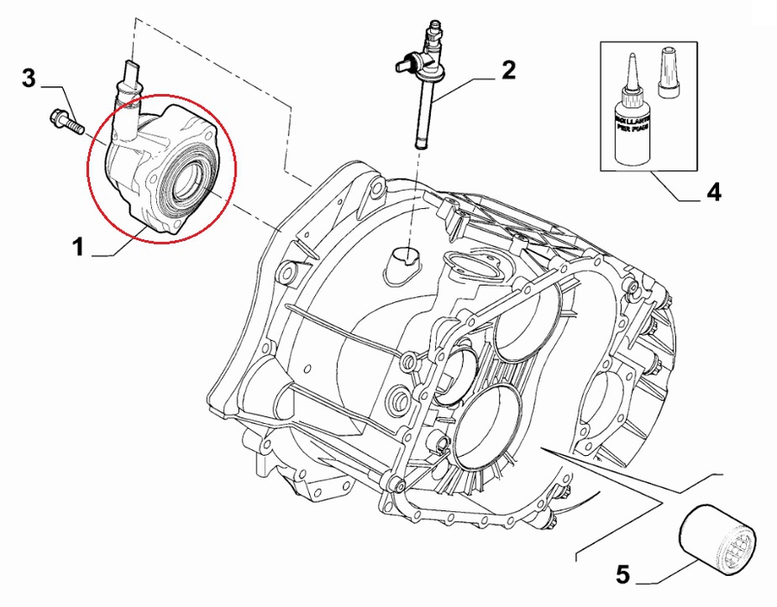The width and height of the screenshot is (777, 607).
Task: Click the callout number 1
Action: pos(79,249)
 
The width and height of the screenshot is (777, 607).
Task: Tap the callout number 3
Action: pos(28,80)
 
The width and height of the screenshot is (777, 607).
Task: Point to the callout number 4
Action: pos(713,192)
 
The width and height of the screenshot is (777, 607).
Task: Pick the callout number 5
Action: pos(623,572)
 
